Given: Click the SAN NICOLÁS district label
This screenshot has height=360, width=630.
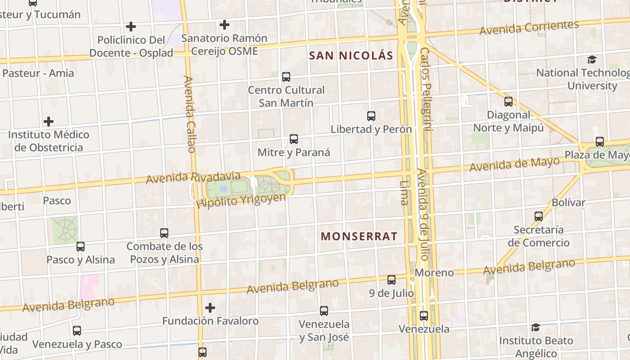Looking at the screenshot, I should (x=351, y=56).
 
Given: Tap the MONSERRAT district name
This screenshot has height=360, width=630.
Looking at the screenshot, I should (x=359, y=236).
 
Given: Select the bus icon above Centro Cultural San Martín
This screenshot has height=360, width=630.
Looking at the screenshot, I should (x=286, y=77).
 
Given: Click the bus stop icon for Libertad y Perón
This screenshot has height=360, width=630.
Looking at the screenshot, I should (x=371, y=116).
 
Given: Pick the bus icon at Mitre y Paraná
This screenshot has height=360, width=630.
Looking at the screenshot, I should (x=294, y=139).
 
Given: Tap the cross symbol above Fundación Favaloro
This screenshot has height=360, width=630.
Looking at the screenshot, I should (x=210, y=308).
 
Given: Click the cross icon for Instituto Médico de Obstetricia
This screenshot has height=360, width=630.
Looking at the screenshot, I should (x=49, y=121).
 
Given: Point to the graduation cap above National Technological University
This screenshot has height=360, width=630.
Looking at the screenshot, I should (x=592, y=59).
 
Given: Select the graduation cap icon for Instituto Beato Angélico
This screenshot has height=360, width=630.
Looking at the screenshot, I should (x=535, y=327).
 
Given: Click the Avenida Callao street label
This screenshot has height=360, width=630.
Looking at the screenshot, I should (x=189, y=114).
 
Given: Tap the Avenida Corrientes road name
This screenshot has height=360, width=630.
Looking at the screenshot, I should (x=529, y=28).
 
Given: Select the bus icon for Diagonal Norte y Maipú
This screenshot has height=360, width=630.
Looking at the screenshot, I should (x=508, y=102).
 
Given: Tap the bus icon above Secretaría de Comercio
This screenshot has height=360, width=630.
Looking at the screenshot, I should (x=539, y=216).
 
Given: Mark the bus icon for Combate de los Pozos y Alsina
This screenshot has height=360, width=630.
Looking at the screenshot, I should (x=164, y=233).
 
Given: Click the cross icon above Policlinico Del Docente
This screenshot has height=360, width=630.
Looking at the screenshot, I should (x=131, y=27).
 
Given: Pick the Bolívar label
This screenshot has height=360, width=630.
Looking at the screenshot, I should (x=568, y=202).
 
